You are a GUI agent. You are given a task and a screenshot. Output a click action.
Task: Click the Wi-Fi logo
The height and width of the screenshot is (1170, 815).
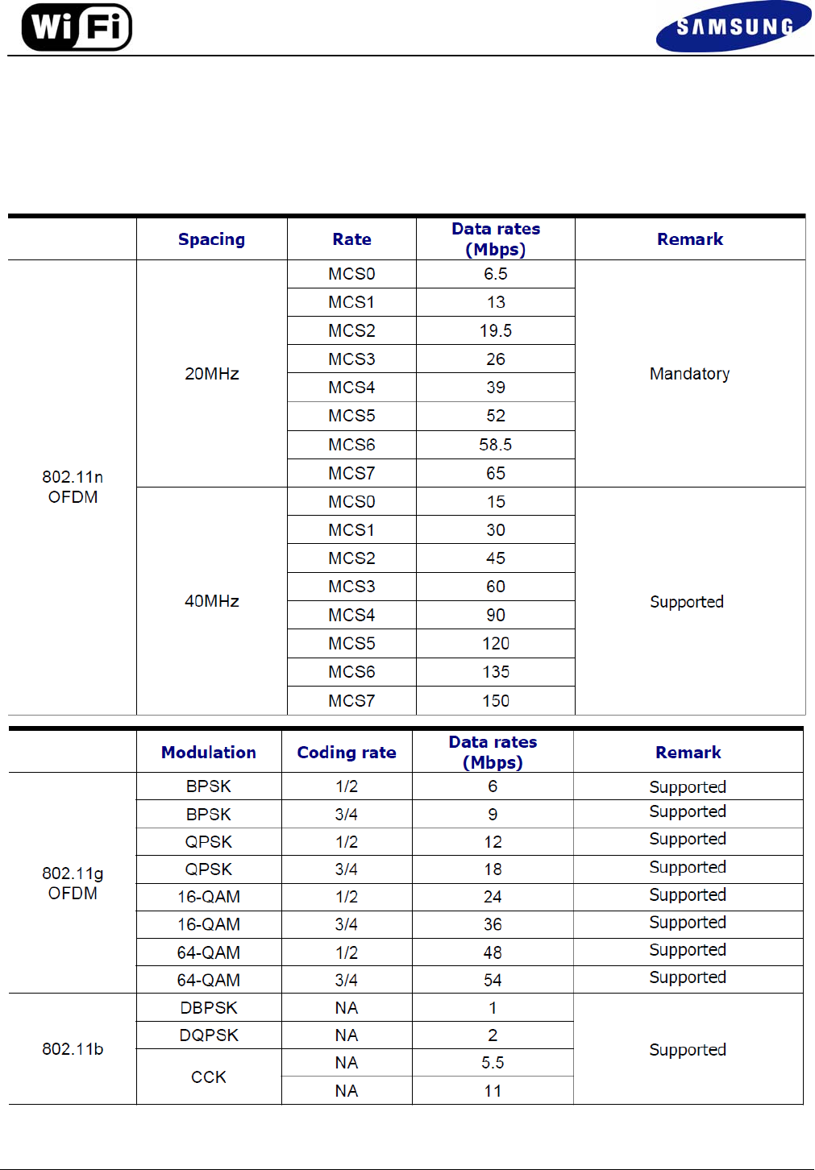point(77,27)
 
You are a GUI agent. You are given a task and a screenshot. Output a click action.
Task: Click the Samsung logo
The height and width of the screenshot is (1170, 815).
point(734,27)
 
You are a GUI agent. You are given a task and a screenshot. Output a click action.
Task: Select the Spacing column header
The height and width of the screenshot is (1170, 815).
point(211,239)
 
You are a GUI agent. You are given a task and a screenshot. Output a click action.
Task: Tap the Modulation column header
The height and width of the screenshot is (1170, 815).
point(209,753)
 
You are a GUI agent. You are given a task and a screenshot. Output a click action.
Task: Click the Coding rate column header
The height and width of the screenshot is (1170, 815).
point(347,753)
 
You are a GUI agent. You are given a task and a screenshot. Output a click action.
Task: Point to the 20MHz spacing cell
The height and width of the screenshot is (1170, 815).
point(212,374)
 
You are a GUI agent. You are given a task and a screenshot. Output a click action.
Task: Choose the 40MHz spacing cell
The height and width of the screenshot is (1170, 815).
point(212,601)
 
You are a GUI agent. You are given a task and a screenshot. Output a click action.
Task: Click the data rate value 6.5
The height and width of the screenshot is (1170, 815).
point(496,274)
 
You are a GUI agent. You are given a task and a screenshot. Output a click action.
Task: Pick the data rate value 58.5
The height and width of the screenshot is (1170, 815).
point(496,445)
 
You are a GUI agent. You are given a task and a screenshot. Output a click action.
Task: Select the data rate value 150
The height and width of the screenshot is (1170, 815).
point(496,701)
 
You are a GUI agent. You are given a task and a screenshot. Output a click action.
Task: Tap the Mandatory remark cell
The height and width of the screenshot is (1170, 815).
point(689,374)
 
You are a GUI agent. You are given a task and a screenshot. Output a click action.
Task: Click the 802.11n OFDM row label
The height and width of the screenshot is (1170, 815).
point(73,487)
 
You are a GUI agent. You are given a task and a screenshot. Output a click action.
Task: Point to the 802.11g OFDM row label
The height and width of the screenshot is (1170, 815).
point(73,883)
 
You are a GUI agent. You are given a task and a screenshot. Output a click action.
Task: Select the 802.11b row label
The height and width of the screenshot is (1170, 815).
point(73,1049)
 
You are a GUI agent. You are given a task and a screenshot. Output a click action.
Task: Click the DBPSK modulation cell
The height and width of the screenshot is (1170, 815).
point(209,1008)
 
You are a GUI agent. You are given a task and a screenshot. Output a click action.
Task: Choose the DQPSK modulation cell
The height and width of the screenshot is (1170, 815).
point(209,1035)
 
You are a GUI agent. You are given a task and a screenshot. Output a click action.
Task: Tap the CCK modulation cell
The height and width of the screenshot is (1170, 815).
point(209,1077)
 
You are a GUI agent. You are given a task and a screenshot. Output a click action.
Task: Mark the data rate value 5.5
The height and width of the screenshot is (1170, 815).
point(493,1063)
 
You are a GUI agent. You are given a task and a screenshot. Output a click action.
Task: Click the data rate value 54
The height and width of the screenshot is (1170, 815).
point(493,981)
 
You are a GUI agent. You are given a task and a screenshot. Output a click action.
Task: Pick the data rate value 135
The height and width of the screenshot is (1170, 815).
point(496,672)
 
